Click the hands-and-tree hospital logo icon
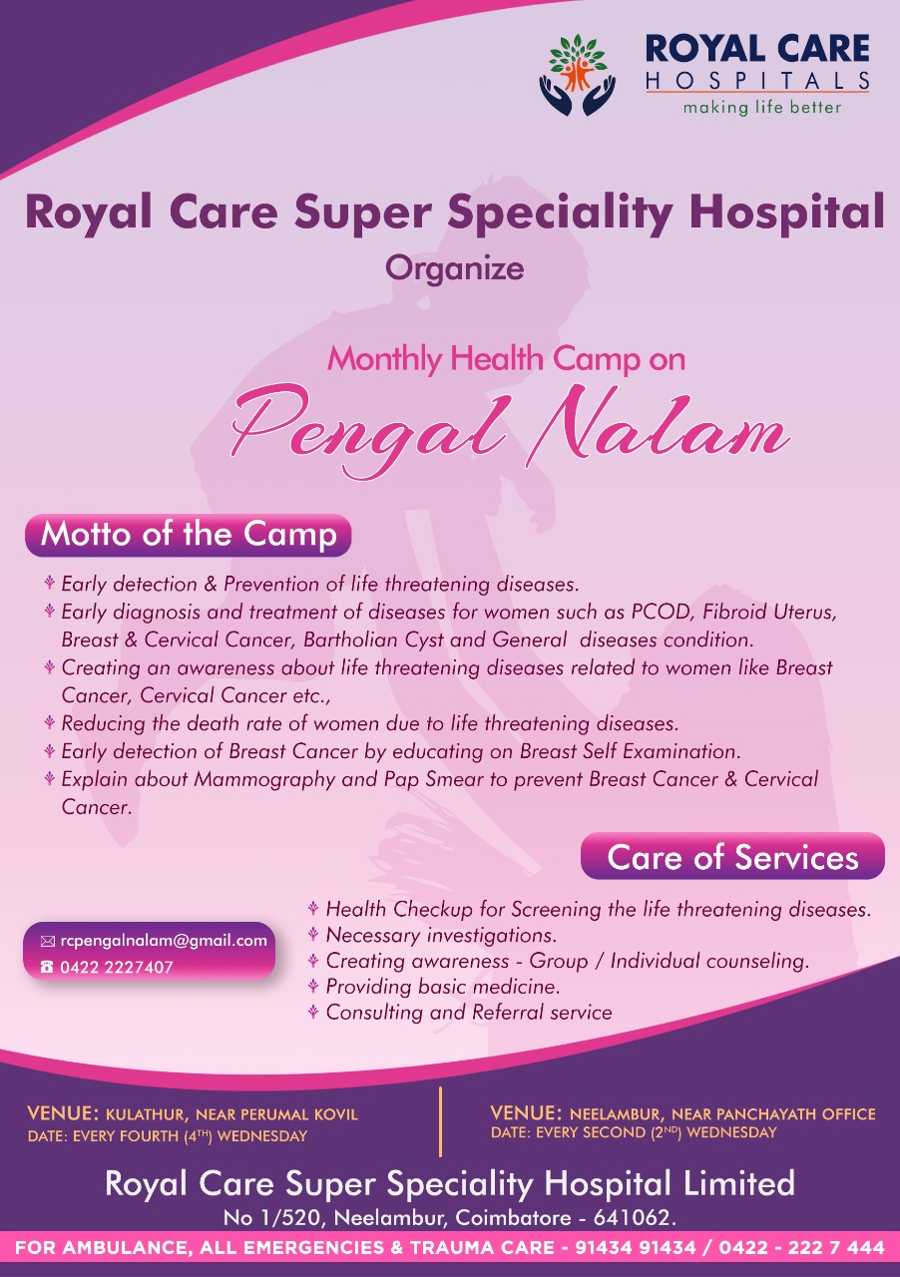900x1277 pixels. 577,75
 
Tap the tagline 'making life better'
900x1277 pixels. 762,107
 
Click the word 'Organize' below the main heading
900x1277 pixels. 455,269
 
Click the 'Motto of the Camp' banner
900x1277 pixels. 189,535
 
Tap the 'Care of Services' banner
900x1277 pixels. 732,857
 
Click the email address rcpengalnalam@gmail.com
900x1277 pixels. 164,940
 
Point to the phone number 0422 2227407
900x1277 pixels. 117,967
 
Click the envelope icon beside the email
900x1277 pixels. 47,941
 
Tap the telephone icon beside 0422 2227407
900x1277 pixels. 47,967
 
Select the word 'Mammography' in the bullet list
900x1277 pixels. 264,780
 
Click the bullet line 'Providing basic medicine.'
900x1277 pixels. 443,987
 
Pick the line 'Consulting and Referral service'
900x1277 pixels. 469,1012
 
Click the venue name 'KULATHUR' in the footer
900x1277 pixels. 147,1114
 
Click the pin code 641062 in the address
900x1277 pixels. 633,1218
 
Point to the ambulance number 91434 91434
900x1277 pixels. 636,1247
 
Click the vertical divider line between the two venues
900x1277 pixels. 440,1121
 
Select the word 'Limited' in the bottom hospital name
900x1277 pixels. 739,1183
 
